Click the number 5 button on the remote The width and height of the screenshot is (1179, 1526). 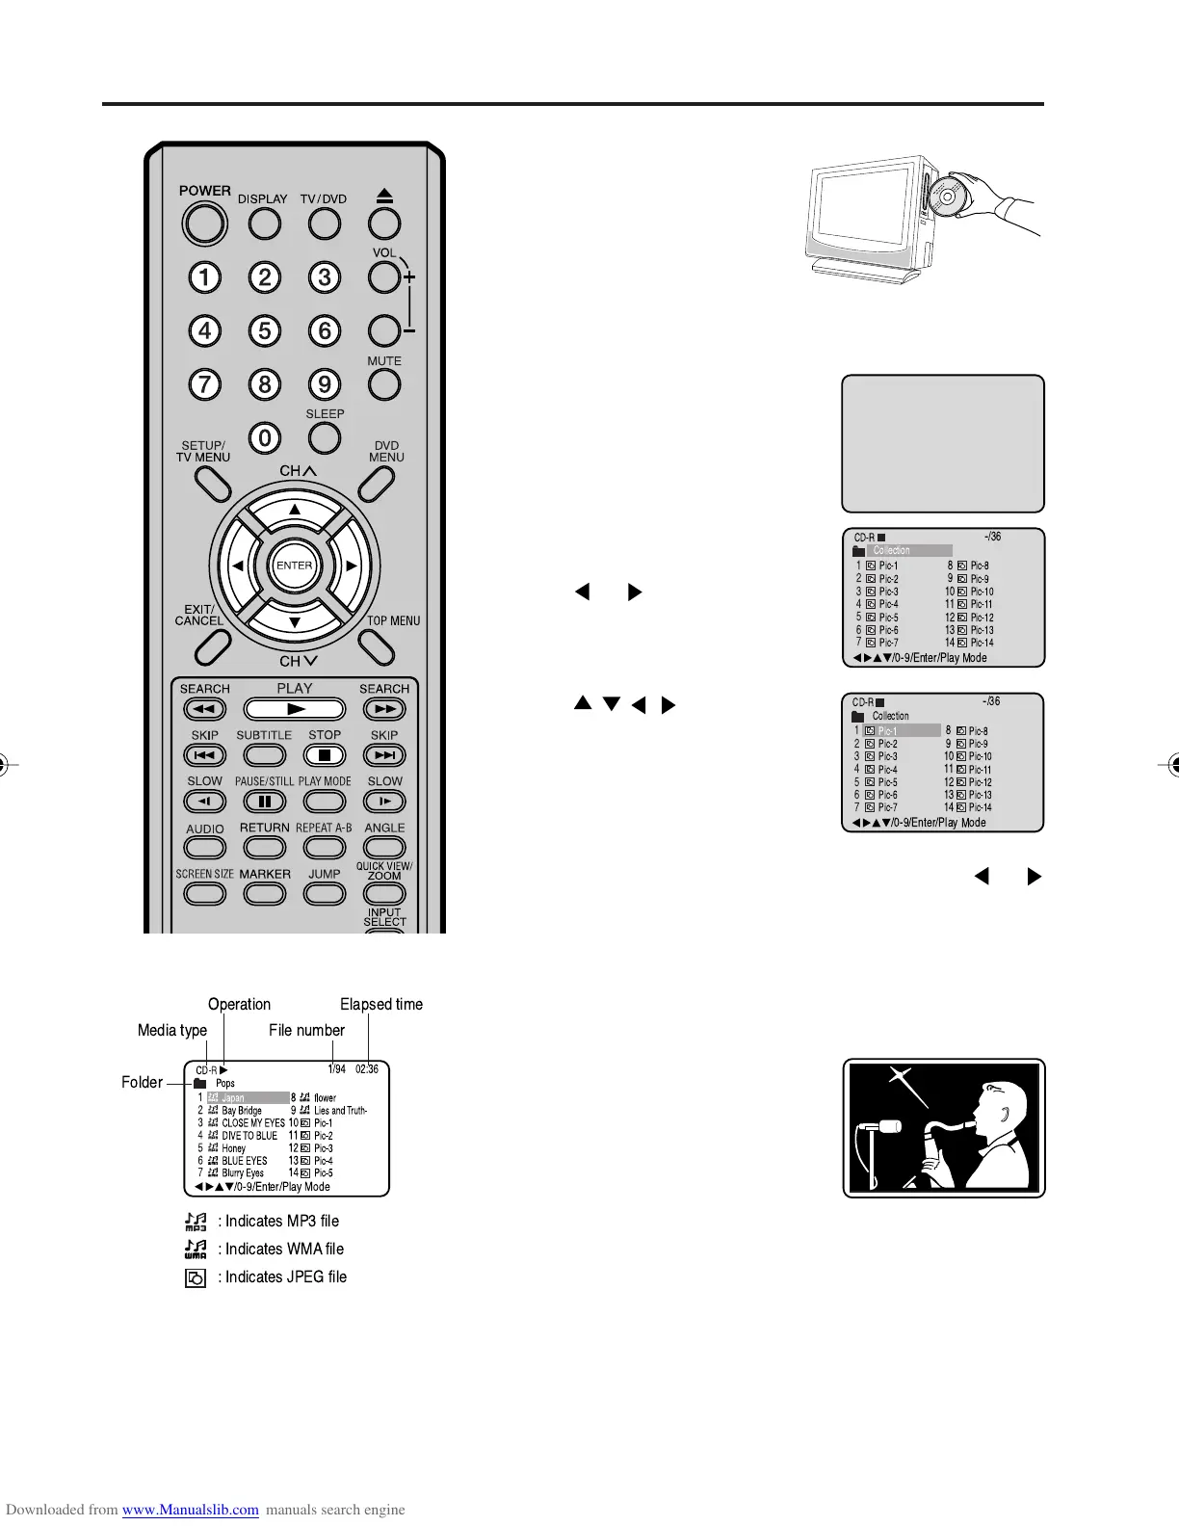[x=265, y=330]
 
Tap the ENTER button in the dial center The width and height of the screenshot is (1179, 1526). [x=294, y=566]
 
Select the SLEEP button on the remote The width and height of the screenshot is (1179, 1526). [x=325, y=437]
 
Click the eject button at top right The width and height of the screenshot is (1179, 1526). [x=384, y=224]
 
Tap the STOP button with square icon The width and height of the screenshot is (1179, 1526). [x=325, y=755]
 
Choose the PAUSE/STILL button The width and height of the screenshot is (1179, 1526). [x=265, y=801]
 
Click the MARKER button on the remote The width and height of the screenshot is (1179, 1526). [x=265, y=893]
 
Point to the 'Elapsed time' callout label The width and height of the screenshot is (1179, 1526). [x=381, y=1004]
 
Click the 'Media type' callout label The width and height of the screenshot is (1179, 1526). [x=172, y=1030]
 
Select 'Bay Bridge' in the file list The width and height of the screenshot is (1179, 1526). [x=242, y=1110]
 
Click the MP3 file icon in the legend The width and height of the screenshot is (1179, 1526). [x=196, y=1222]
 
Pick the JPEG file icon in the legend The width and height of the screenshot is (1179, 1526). [x=196, y=1278]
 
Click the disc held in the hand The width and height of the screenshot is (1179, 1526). [x=947, y=197]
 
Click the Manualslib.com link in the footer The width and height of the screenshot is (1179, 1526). [x=191, y=1510]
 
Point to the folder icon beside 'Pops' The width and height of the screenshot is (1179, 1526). [x=200, y=1084]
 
